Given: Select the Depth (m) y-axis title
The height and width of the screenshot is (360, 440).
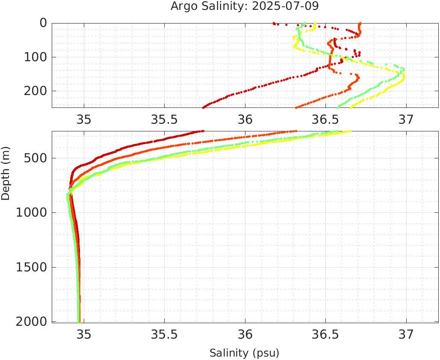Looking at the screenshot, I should tap(6, 173).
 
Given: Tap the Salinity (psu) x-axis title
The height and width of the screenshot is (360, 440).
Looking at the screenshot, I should tap(244, 353).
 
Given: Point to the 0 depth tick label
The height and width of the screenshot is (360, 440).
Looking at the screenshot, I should tap(43, 23).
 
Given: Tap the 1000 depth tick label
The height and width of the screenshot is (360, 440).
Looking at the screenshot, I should tap(32, 213).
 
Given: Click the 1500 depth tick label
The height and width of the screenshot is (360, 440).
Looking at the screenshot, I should tap(32, 267).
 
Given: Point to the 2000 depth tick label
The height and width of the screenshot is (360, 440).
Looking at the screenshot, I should tap(32, 321).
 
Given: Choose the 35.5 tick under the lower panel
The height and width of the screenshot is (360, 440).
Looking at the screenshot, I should tap(164, 334).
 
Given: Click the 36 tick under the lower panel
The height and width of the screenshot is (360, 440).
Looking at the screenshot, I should tap(245, 334).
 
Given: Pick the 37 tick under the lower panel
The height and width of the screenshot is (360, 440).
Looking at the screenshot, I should tap(406, 334).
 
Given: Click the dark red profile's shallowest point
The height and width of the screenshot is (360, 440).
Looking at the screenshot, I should tap(274, 23).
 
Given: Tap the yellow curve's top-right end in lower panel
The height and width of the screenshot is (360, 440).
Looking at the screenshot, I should tap(350, 131).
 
